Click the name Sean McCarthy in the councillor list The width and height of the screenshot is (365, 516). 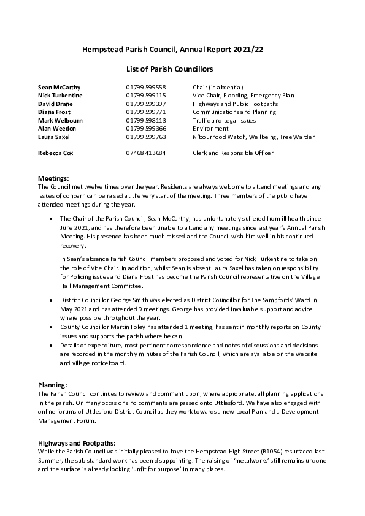coord(59,88)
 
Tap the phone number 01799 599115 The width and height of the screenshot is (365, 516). coord(146,96)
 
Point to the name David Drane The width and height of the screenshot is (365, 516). coord(55,104)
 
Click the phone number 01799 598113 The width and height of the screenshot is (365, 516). coord(146,121)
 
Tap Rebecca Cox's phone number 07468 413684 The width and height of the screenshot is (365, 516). coord(146,152)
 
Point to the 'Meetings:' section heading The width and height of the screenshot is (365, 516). coord(53,178)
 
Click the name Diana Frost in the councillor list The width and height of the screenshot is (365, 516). coord(55,113)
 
